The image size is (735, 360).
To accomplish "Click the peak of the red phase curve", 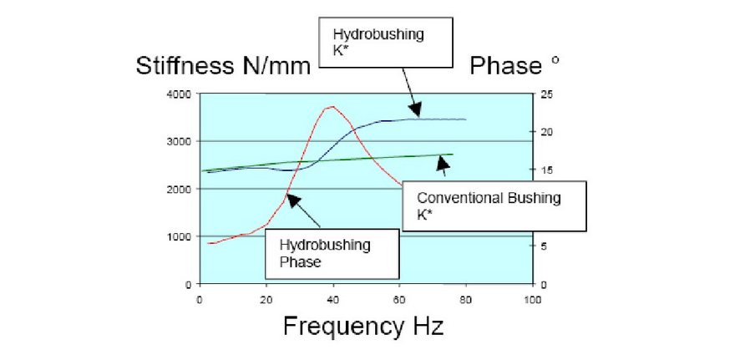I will tap(332, 106).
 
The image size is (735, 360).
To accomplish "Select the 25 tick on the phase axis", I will tap(545, 94).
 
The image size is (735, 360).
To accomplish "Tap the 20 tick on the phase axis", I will tap(545, 133).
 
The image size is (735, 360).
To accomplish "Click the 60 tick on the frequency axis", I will tap(399, 298).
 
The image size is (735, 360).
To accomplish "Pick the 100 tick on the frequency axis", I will tap(532, 298).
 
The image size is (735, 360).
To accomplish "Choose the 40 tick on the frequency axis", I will tap(332, 298).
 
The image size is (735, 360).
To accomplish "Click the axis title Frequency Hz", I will tap(363, 325).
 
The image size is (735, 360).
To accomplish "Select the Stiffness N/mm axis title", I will tap(224, 66).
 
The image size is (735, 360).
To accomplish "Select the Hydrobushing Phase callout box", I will tap(332, 253).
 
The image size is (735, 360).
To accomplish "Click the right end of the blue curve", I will tap(465, 119).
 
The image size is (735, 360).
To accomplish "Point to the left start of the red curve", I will tap(209, 243).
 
